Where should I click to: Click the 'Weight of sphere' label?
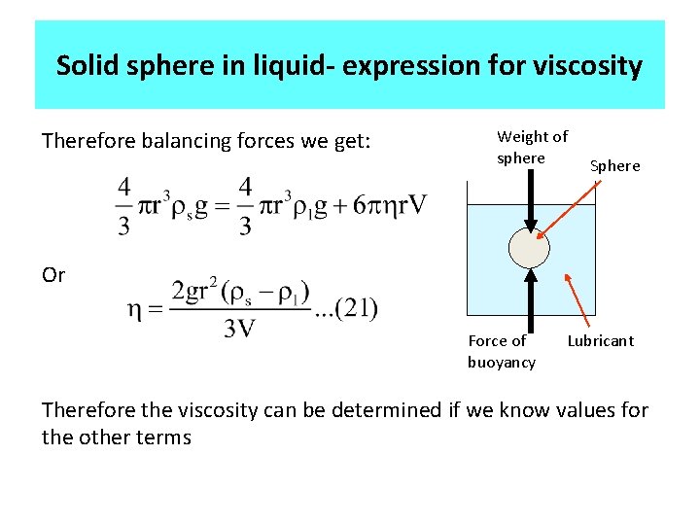[x=532, y=147]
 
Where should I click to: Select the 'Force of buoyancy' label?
[x=501, y=351]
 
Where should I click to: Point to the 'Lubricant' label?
[x=600, y=340]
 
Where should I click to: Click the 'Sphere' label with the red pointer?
[x=615, y=165]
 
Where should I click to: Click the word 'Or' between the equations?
[x=53, y=275]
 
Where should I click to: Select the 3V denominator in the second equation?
[x=239, y=329]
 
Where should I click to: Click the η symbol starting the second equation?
[x=135, y=310]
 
